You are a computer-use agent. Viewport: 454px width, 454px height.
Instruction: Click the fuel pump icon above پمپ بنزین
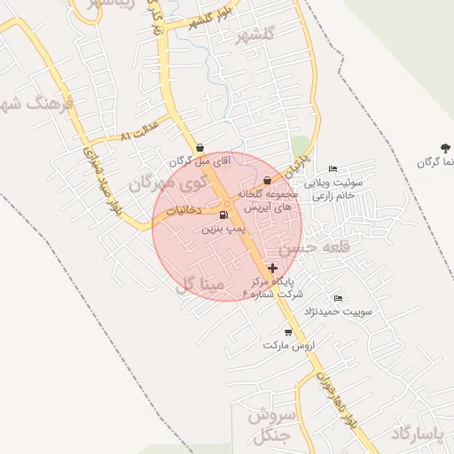point(222,215)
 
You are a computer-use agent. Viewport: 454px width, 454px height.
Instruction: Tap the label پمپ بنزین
point(223,229)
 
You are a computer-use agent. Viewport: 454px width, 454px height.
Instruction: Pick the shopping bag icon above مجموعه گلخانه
point(267,180)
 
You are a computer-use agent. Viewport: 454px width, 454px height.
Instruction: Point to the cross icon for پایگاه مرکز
point(271,267)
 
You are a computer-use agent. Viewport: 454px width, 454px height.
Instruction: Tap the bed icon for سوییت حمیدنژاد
point(337,298)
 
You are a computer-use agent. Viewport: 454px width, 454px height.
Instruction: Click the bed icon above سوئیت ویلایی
point(333,169)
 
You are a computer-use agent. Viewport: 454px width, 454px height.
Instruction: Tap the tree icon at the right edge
point(443,147)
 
